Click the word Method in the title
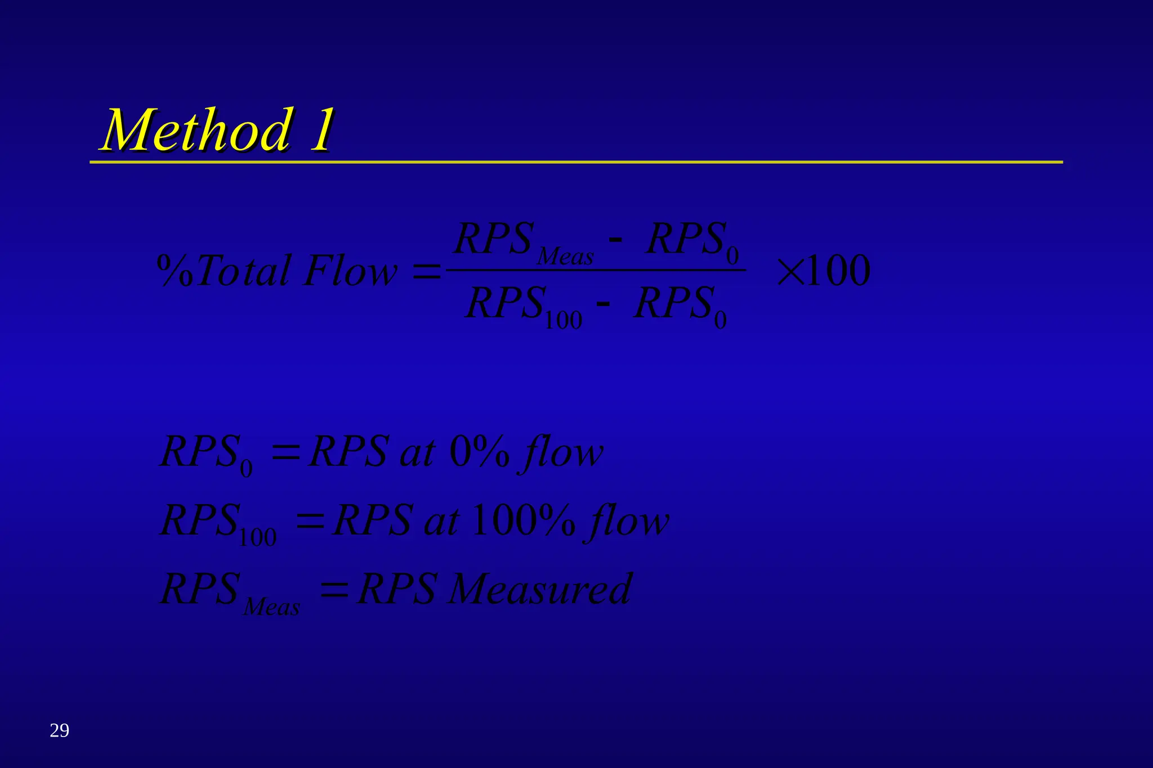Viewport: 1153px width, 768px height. pos(198,130)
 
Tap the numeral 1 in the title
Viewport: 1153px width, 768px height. pos(321,130)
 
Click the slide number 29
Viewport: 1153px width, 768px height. pos(59,730)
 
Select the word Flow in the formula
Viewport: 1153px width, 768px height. pos(350,271)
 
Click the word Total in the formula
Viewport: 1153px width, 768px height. pos(244,271)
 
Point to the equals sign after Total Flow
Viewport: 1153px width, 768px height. pos(427,272)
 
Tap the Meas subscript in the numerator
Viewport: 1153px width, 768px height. pos(565,257)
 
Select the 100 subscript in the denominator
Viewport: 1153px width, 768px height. pos(563,321)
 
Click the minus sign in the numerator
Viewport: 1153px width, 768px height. pos(616,241)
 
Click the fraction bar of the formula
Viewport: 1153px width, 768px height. pos(597,270)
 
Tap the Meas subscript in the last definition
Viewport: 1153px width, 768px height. pos(271,607)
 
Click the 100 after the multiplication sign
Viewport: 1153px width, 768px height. pos(838,271)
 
